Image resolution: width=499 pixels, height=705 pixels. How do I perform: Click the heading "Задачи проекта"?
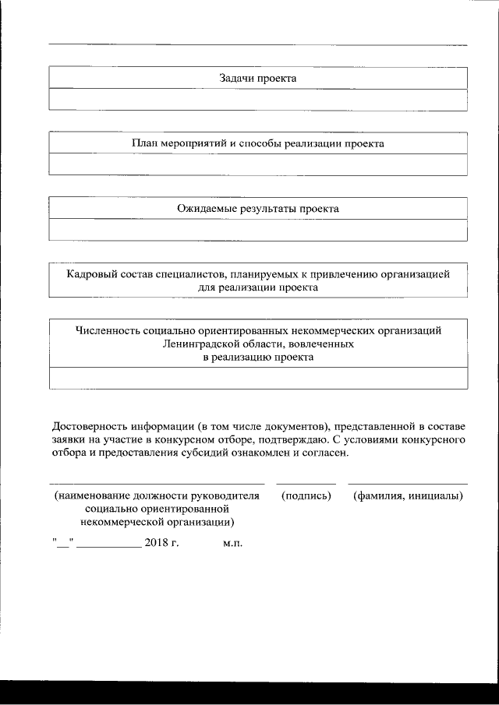click(258, 79)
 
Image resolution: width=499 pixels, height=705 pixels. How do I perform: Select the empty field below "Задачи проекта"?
click(258, 100)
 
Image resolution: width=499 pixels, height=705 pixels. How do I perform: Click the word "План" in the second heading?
click(144, 144)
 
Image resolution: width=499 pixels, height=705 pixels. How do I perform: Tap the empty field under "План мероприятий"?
click(258, 165)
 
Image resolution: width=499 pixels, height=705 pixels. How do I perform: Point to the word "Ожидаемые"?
click(205, 209)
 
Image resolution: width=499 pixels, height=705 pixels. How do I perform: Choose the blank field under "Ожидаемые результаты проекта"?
click(258, 230)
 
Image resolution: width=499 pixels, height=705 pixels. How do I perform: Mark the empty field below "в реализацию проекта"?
click(258, 377)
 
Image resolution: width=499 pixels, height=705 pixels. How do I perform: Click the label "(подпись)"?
click(306, 495)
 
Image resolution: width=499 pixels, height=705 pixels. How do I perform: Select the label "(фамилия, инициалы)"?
click(408, 495)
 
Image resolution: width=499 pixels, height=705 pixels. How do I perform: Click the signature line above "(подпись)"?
click(306, 484)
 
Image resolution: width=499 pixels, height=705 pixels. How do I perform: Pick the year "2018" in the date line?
click(156, 542)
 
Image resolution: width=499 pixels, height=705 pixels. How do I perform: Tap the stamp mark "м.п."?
click(232, 543)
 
